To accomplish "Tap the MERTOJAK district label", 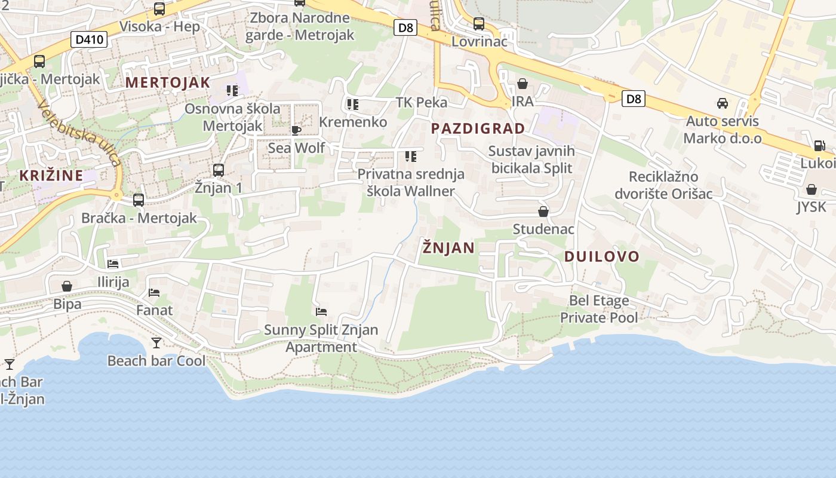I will (168, 82).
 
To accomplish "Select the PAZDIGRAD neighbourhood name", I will (478, 128).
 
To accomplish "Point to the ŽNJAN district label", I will (448, 247).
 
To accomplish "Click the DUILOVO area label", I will (602, 257).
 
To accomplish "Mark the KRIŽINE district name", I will (51, 176).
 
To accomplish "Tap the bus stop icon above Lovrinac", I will (479, 24).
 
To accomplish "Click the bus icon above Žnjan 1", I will (219, 170).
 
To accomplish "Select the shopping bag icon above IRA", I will (522, 84).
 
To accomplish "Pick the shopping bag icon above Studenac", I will (543, 212).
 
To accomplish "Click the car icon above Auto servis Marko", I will (723, 103).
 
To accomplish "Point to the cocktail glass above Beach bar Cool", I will (156, 342).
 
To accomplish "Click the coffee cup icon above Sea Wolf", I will (296, 130).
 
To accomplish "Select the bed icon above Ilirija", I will (113, 263).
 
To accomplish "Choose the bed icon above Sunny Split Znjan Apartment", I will (321, 311).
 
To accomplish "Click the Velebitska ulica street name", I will (79, 133).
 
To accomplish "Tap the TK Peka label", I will (422, 102).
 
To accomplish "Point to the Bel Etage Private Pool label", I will (599, 309).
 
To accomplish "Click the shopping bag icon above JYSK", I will (812, 190).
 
